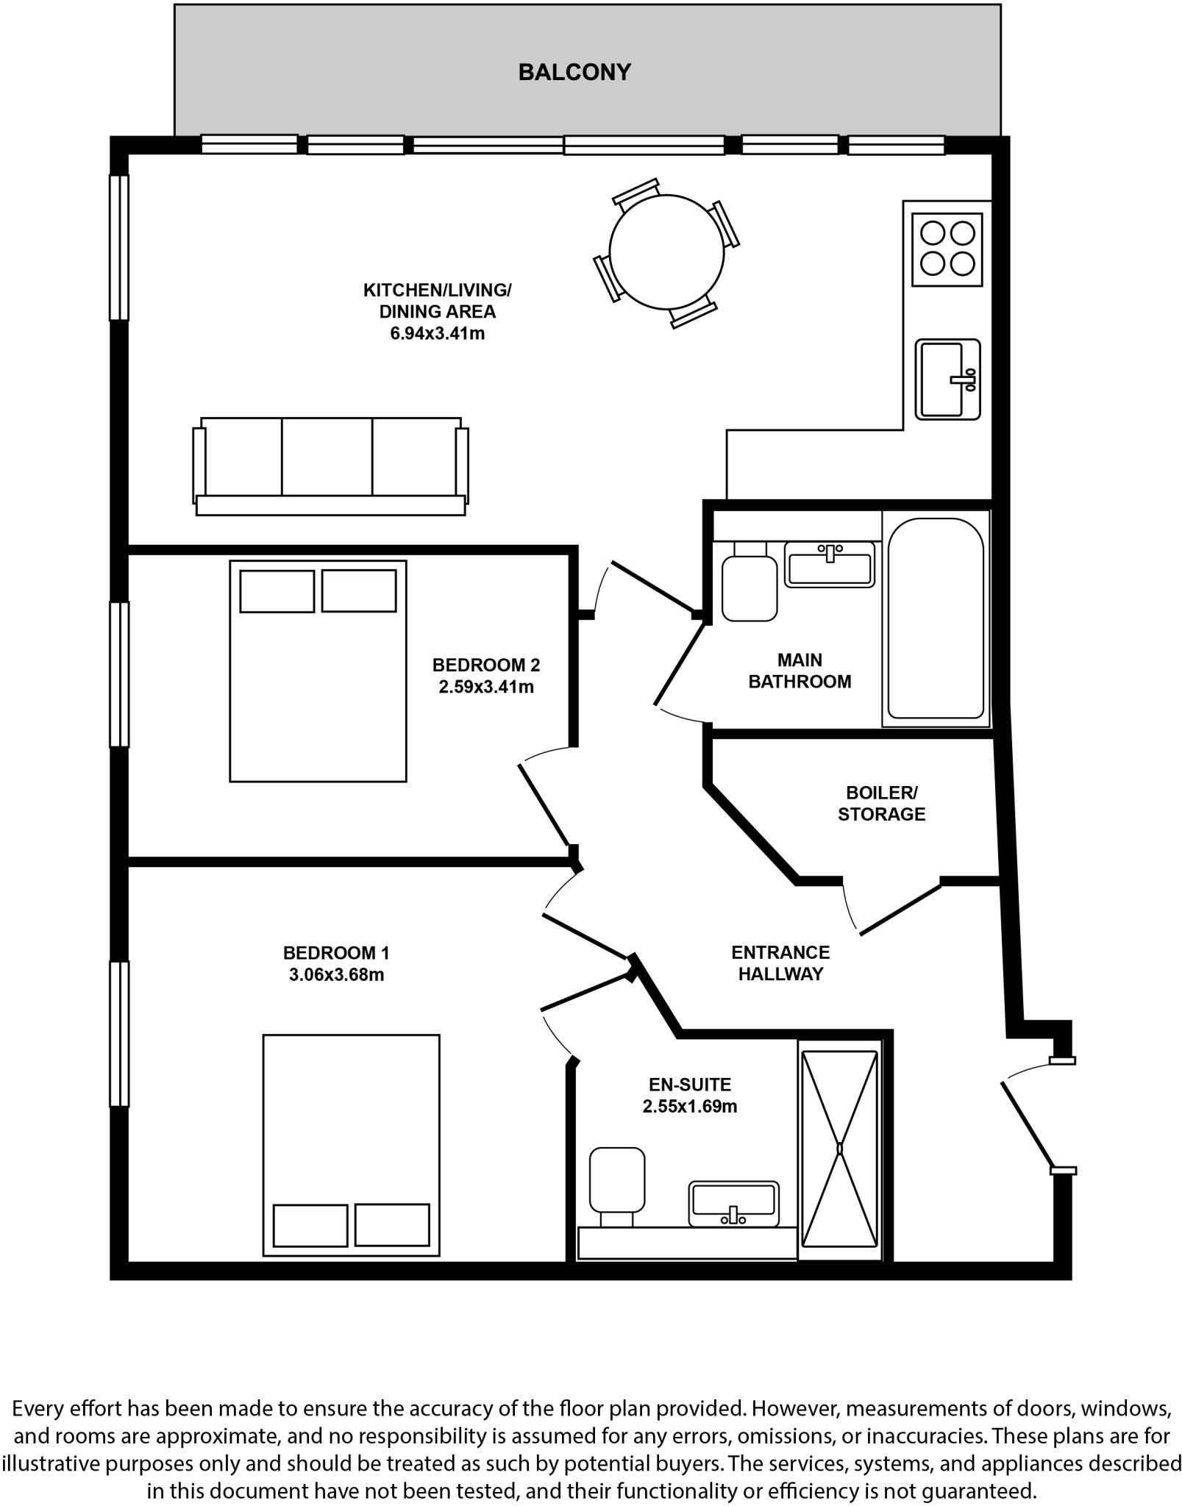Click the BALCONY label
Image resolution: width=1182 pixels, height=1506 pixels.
(x=574, y=72)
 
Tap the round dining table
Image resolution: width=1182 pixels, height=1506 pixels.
(x=666, y=251)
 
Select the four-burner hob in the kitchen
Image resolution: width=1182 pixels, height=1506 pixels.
(x=947, y=249)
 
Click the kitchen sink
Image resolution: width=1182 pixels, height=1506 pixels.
(x=947, y=379)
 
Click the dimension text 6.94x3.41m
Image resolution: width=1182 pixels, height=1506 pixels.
(x=437, y=333)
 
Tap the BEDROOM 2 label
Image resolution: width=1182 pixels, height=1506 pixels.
(x=485, y=665)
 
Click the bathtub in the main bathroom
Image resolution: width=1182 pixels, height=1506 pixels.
(x=935, y=618)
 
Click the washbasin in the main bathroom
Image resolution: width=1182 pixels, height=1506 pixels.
(x=829, y=565)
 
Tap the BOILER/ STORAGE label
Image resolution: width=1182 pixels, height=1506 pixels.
(x=881, y=803)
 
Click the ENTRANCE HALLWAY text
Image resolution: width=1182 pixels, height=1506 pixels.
(x=780, y=963)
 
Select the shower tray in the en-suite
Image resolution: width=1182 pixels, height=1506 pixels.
(x=839, y=1149)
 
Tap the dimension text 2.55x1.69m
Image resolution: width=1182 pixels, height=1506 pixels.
(x=689, y=1106)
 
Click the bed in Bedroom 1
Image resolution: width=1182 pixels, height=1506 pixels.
(x=351, y=1145)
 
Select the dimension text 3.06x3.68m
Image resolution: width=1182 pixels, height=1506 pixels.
(x=335, y=975)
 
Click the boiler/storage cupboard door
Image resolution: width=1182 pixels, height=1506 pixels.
(x=900, y=909)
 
